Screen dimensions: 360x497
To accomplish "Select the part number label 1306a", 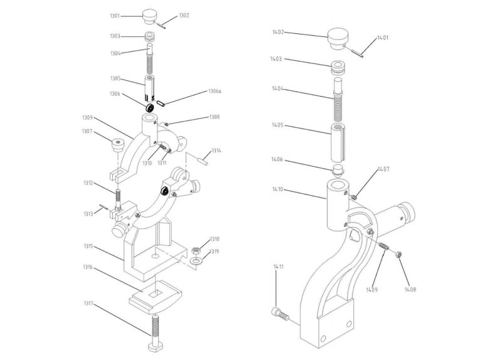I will pos(215,92).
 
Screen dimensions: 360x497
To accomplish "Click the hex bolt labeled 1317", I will pos(154,333).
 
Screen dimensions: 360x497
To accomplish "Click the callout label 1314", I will pos(216,151).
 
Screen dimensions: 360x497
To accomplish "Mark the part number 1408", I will pos(410,289).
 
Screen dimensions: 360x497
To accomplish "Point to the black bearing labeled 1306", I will pos(150,108).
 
